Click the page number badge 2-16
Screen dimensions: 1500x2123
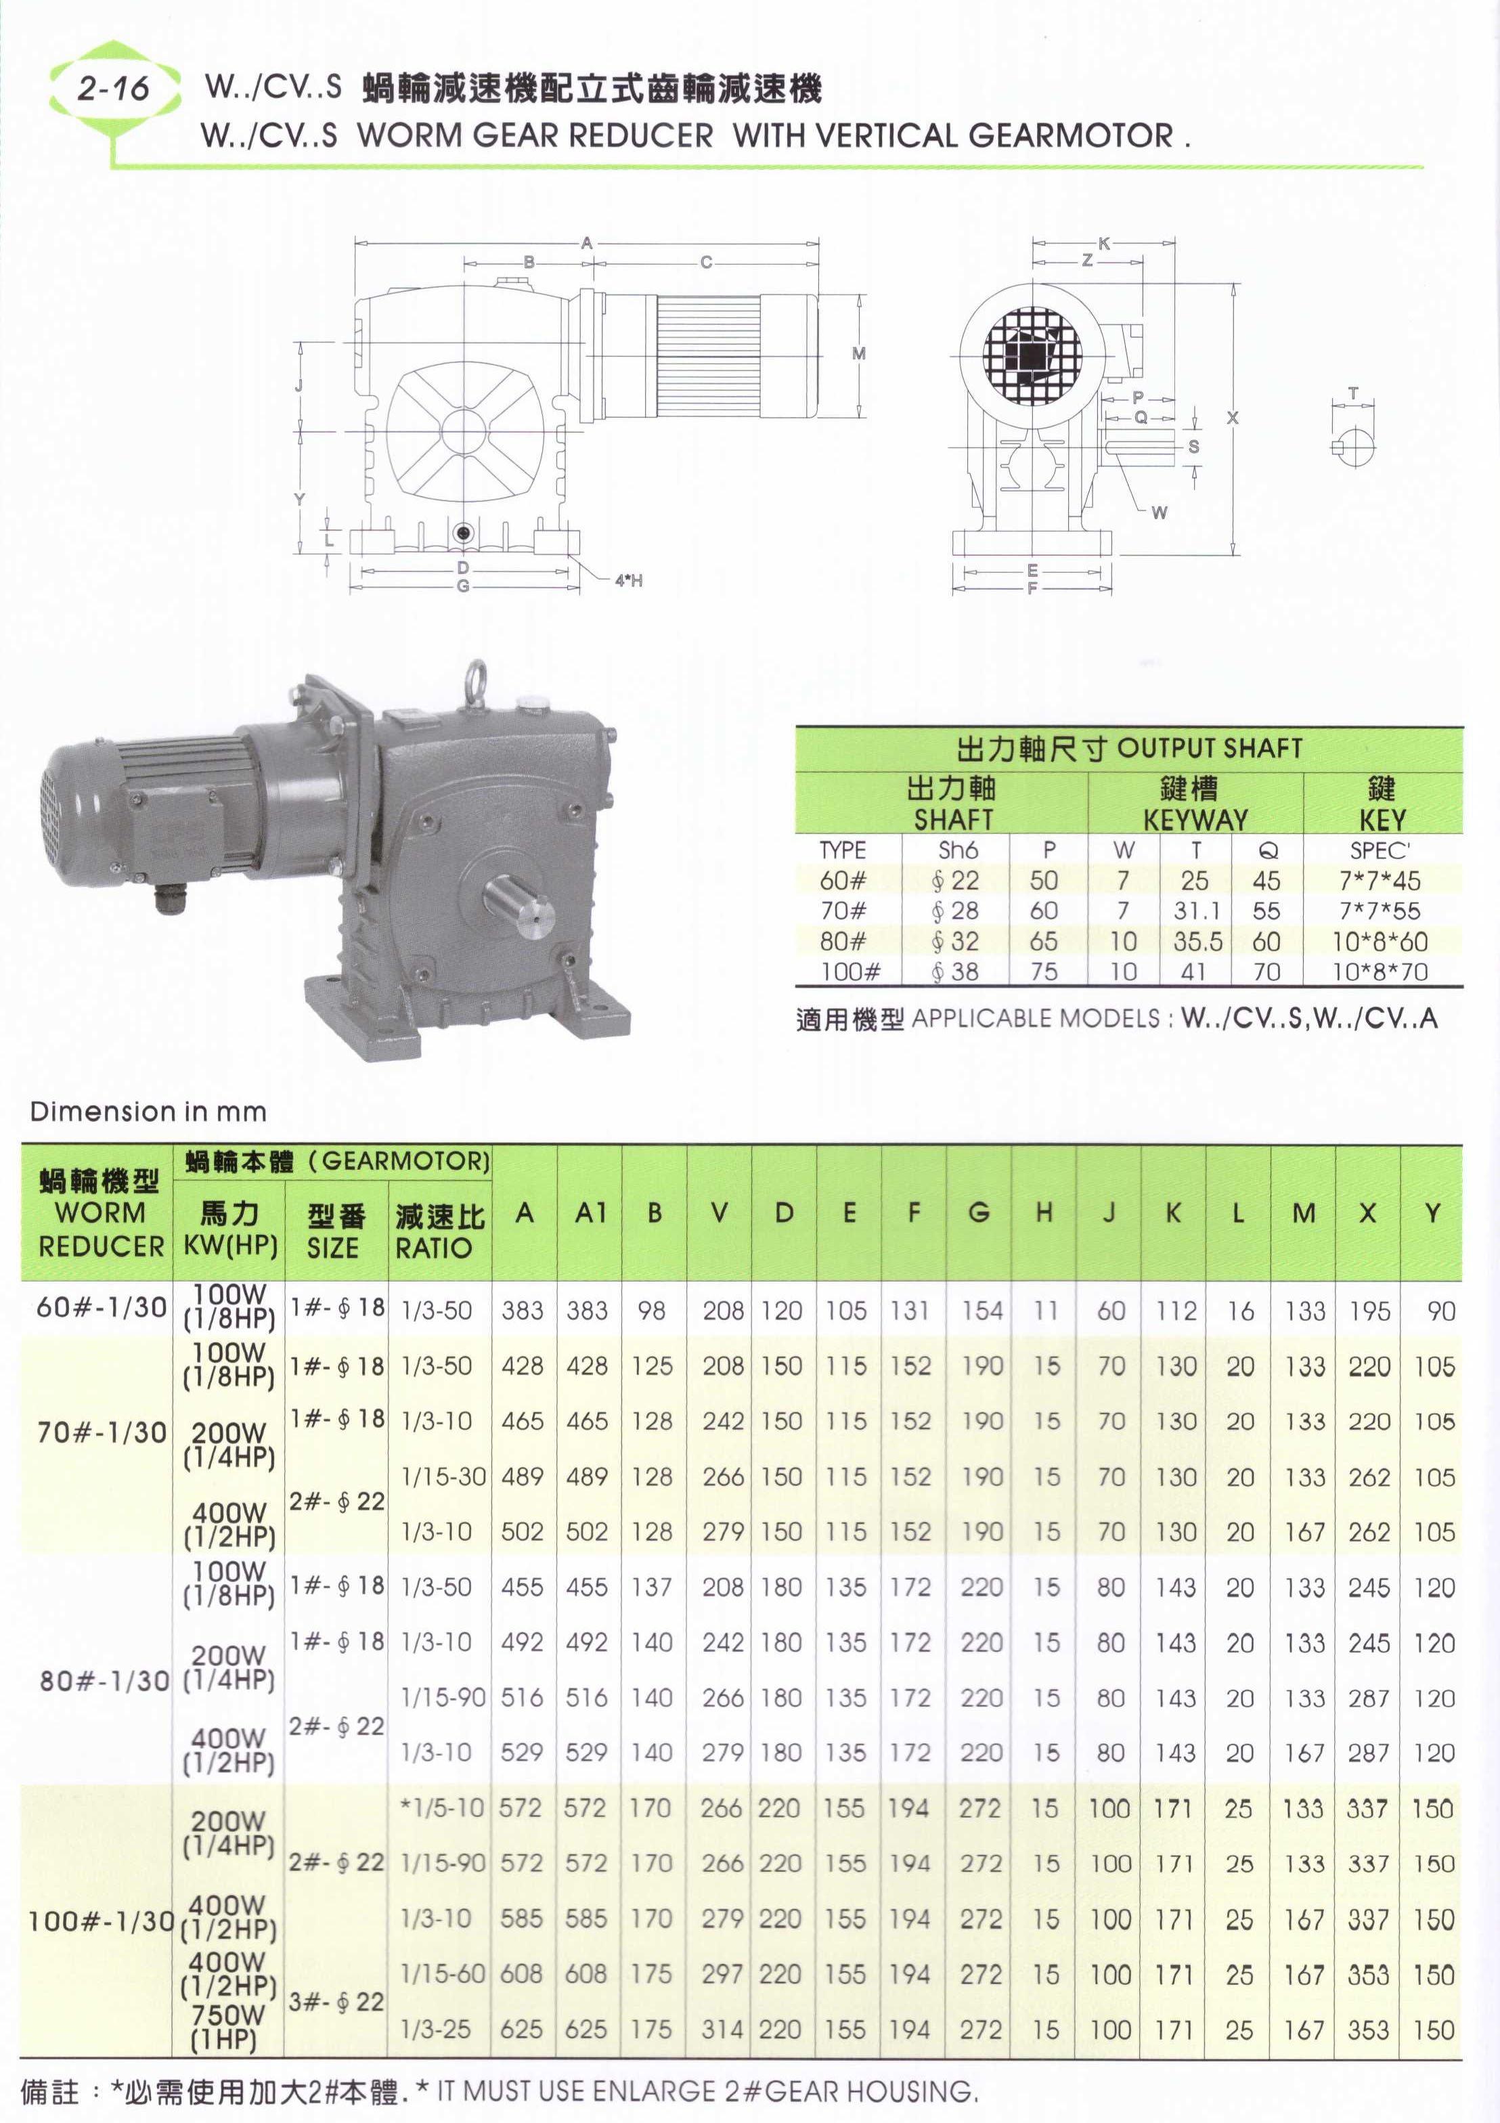tap(113, 89)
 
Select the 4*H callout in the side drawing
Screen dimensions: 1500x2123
tap(629, 581)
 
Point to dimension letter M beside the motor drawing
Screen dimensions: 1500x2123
tap(859, 354)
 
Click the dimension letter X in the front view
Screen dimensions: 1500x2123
tap(1232, 418)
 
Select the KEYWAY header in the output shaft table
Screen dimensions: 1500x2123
tap(1195, 819)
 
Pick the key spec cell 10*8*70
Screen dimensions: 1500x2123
tap(1380, 972)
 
